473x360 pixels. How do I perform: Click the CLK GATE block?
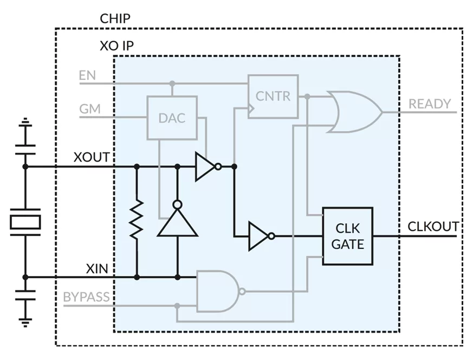point(348,236)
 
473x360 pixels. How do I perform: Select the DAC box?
point(172,118)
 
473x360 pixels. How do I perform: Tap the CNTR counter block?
point(273,97)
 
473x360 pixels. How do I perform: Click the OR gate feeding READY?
point(355,112)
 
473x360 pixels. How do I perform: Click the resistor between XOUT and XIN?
point(137,220)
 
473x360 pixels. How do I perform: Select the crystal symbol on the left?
point(25,222)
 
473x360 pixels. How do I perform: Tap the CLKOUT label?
point(433,226)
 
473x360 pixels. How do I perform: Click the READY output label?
point(430,104)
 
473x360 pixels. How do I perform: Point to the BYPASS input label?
point(86,297)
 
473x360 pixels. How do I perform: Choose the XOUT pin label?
point(92,157)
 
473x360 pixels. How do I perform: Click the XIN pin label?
point(97,268)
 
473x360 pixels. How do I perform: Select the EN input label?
point(87,75)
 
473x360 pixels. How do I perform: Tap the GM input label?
point(89,108)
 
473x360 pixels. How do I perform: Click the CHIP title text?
point(115,19)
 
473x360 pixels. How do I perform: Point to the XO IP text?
point(116,46)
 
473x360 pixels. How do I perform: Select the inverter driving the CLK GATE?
point(261,236)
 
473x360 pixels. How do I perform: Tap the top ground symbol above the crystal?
point(25,124)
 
